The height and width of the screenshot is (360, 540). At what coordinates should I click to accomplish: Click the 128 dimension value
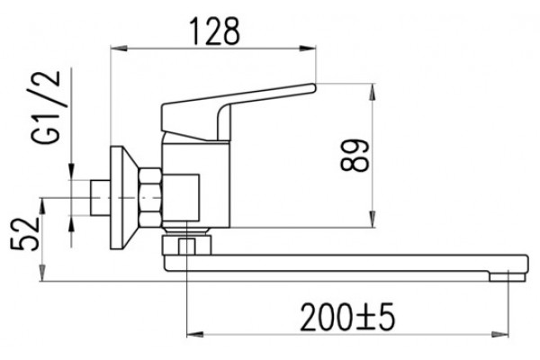click(215, 31)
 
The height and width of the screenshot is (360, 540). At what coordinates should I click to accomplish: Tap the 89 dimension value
click(355, 156)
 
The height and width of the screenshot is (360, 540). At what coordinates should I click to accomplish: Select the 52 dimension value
click(25, 235)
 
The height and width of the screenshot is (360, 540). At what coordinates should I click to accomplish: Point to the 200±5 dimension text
click(347, 318)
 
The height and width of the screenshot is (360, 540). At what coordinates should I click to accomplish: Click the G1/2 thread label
click(46, 107)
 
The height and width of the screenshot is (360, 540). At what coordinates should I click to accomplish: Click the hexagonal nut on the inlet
click(150, 198)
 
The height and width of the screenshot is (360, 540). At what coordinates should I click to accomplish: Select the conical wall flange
click(124, 198)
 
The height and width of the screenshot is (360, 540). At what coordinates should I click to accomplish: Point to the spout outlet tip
click(508, 276)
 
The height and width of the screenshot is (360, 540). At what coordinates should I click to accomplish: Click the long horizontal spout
click(346, 264)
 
